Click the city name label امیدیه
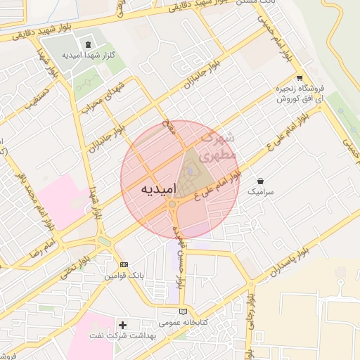[x=147, y=189]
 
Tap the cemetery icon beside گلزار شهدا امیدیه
[x=87, y=45]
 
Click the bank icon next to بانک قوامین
[x=124, y=264]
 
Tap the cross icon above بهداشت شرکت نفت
[x=123, y=325]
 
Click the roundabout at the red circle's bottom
[x=172, y=205]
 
